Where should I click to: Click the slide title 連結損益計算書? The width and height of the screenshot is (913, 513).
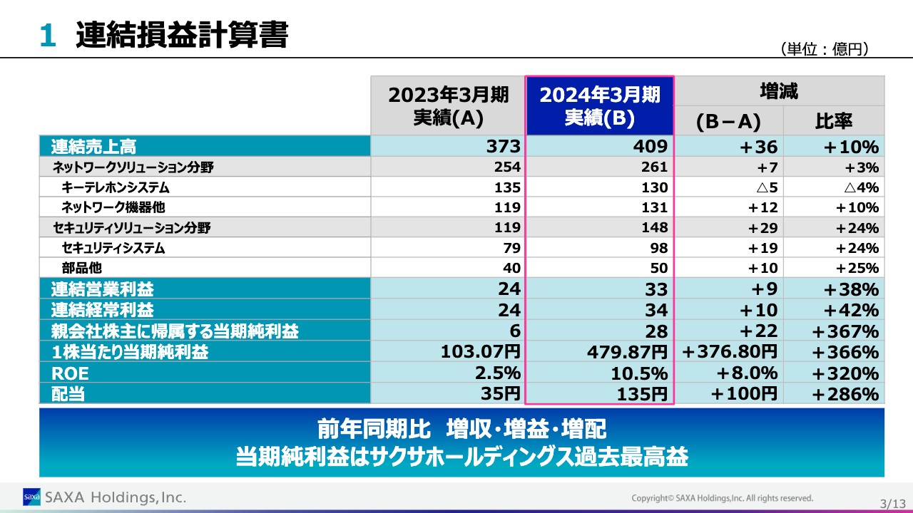[181, 35]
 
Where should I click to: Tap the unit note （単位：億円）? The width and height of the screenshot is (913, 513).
[826, 49]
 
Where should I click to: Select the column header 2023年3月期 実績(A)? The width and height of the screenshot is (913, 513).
[448, 105]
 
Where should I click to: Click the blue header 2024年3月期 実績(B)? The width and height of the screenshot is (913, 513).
[599, 105]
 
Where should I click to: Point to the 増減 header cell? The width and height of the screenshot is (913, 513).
[779, 91]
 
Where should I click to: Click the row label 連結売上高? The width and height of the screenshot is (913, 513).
[93, 147]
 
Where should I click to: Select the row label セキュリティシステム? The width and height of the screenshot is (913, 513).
[113, 249]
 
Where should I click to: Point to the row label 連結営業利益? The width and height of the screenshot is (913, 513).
[102, 289]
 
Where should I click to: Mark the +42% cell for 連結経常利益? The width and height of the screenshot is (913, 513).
[851, 311]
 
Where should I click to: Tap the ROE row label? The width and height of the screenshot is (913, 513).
[70, 373]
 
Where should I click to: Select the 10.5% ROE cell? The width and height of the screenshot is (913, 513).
[639, 373]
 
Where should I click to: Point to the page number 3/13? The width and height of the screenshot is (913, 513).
[892, 504]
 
